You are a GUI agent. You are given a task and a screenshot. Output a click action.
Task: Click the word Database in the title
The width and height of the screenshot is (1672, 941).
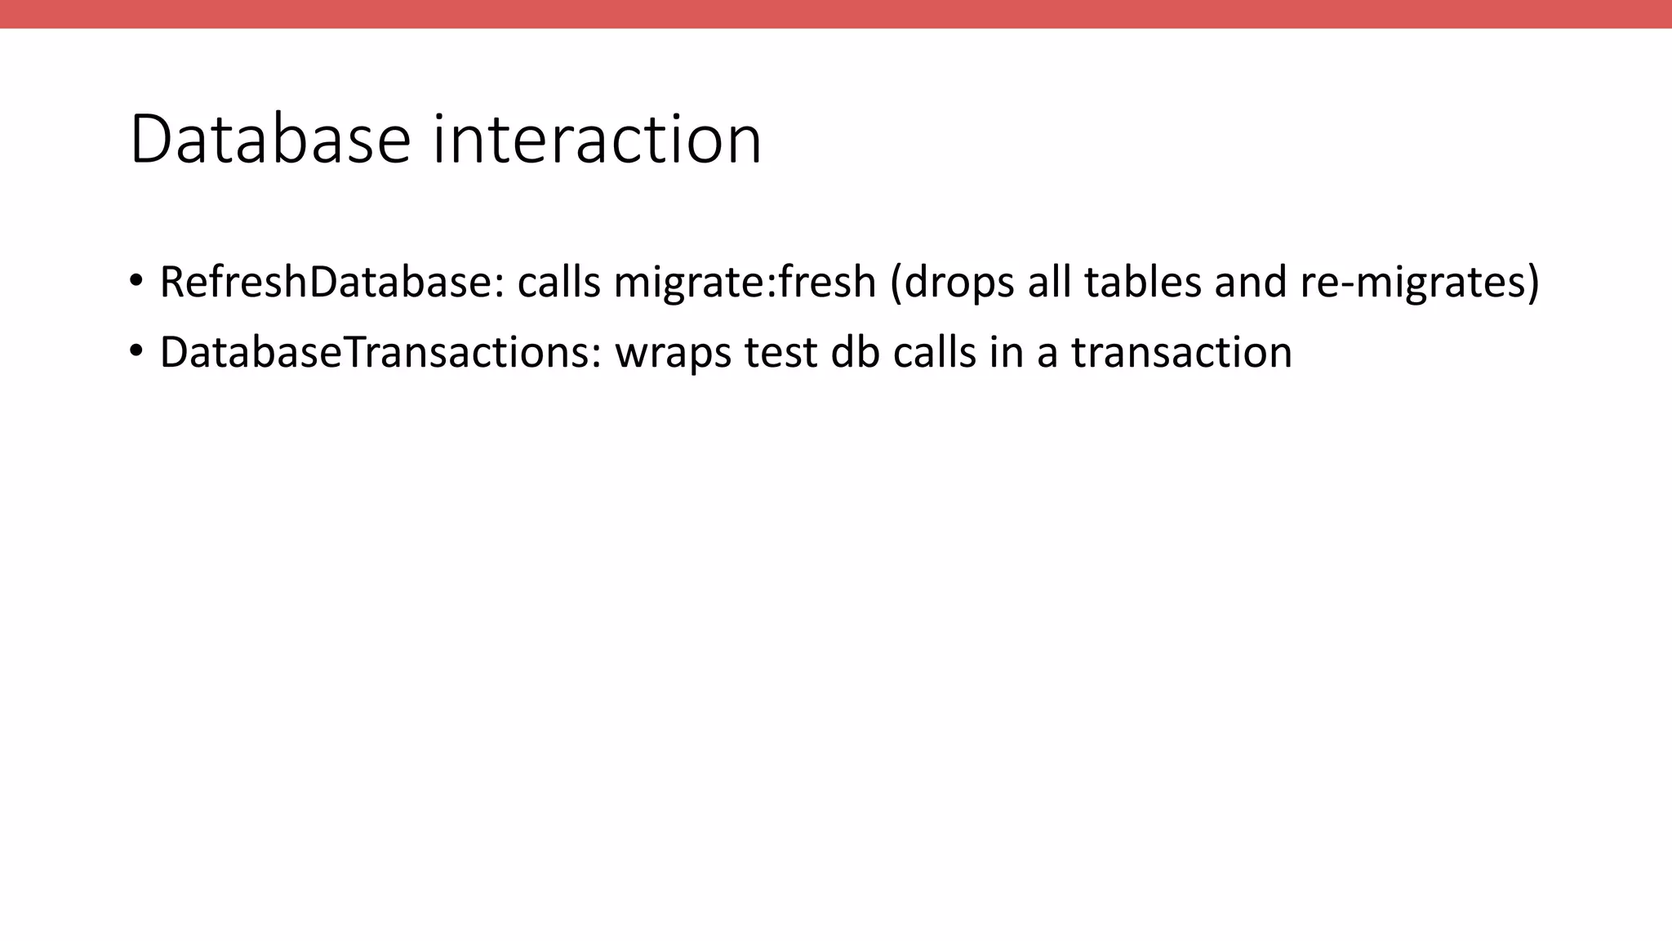coord(269,140)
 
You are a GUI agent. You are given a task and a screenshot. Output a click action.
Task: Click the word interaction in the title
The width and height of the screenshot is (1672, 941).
coord(597,140)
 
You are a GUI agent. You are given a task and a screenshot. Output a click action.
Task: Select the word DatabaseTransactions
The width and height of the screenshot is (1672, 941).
coord(380,353)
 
